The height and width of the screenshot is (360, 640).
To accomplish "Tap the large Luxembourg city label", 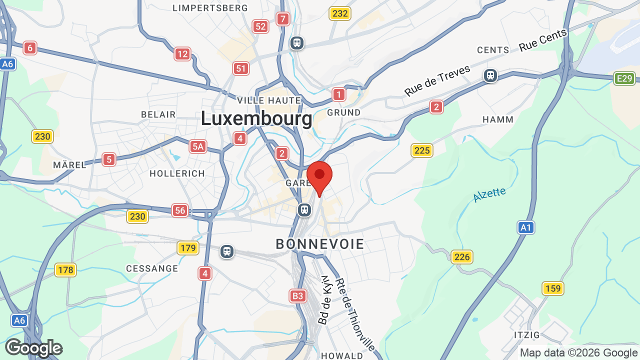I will pos(256,119).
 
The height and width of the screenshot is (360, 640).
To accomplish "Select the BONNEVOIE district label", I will pos(320,244).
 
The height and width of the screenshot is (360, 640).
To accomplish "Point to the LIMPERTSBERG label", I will pos(210,8).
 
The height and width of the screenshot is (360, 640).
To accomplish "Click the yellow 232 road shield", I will pos(340,13).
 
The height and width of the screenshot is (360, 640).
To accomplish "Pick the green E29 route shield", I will pos(624,78).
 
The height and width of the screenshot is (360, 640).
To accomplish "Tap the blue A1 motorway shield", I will pos(525,228).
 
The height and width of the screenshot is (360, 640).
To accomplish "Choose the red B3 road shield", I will pos(298,296).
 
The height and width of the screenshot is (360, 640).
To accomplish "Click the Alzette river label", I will pos(489,194).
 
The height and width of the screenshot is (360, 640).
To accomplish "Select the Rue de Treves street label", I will pos(437,80).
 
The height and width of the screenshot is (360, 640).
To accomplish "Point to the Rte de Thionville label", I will pos(355,314).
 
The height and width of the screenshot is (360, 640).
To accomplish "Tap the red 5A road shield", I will pos(198,146).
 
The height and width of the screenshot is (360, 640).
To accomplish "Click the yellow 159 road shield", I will pos(552,288).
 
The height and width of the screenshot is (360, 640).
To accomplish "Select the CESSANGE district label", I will pos(152,268).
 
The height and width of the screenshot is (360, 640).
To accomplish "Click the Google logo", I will pos(33,348).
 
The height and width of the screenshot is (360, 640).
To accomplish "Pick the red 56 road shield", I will pos(180,210).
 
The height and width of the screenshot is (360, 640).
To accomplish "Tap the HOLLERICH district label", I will pos(177,173).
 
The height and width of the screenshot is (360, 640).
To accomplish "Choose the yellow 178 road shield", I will pos(65,270).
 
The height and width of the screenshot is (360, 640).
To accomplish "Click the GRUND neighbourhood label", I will pos(344,112).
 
